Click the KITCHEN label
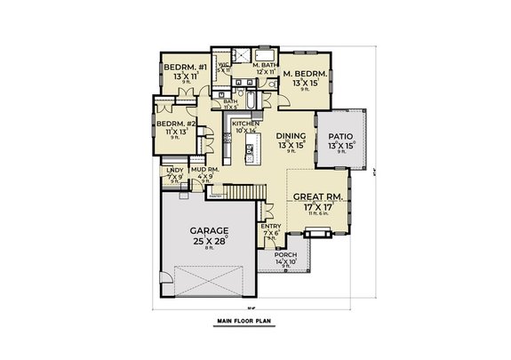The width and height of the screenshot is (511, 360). click(245, 124)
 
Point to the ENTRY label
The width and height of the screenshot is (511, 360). click(271, 226)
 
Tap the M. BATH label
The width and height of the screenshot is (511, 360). click(266, 64)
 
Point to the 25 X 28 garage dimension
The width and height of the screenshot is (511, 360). click(210, 241)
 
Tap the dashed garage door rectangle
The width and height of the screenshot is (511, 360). click(210, 282)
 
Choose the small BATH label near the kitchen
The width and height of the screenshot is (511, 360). click(230, 102)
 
